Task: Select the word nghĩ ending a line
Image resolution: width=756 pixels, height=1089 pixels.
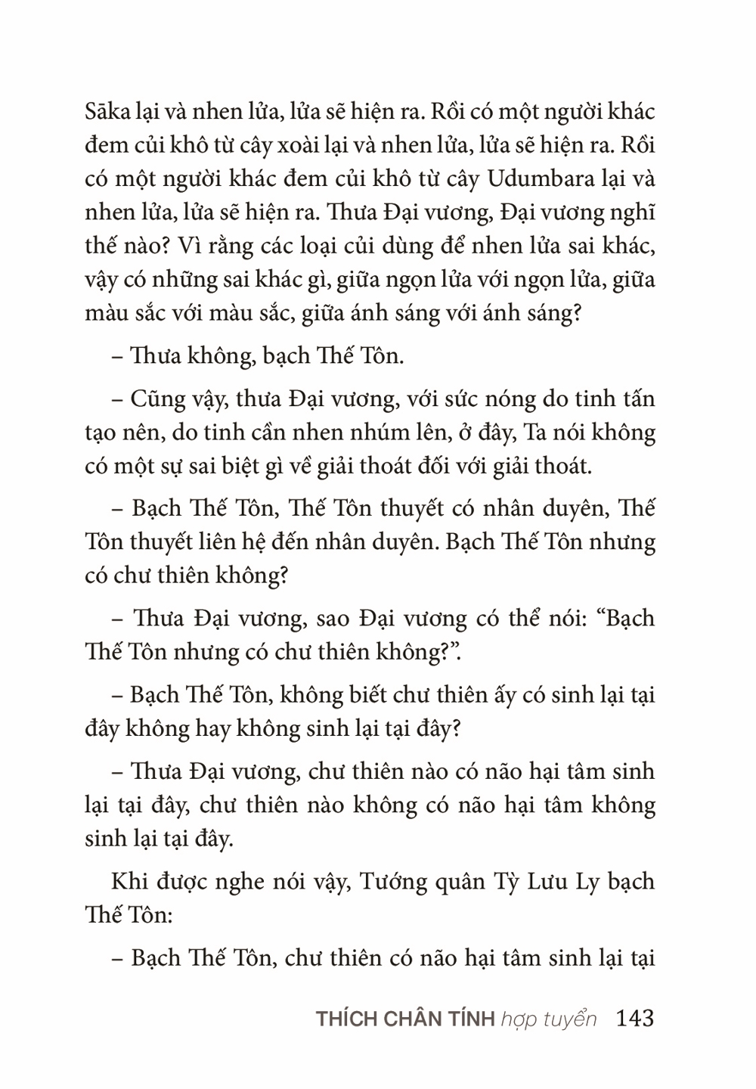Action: [634, 213]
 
